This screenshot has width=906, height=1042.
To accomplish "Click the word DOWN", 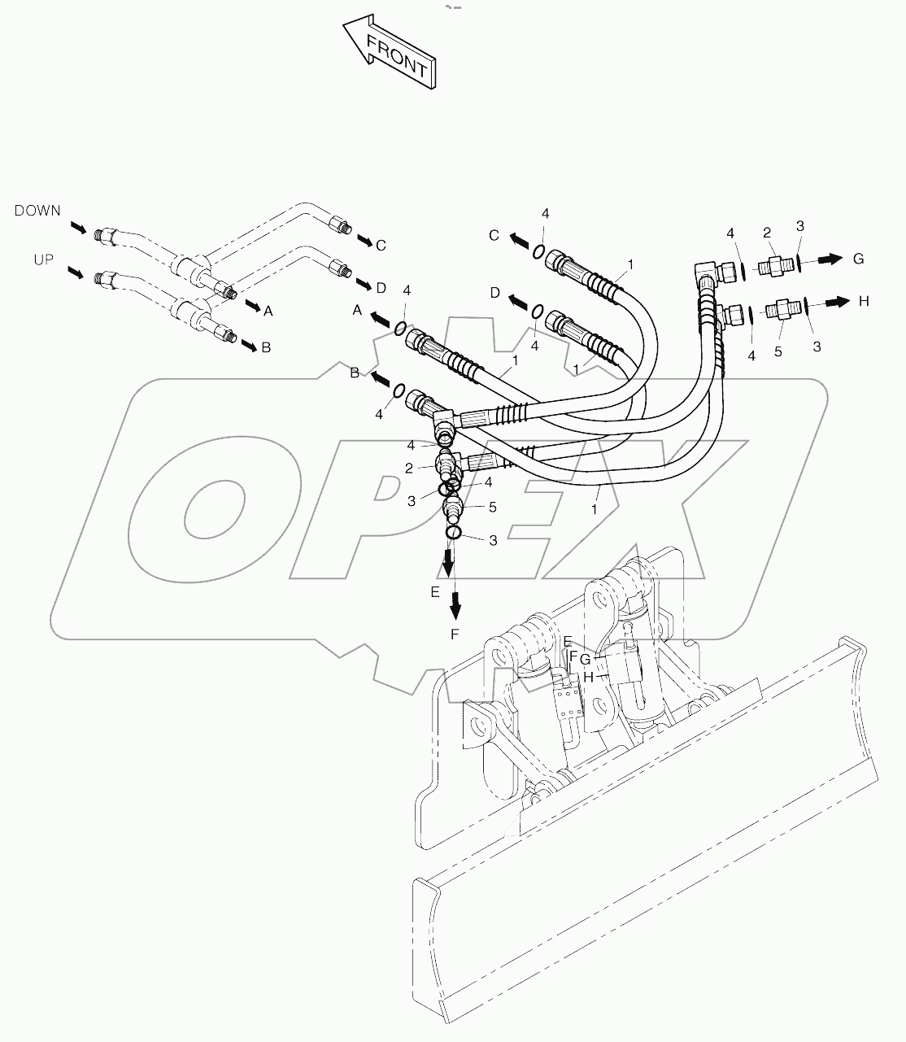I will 37,211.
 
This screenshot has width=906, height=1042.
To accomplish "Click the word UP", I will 44,259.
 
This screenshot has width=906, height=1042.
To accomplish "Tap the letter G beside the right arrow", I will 858,259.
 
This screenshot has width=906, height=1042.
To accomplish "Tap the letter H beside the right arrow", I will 864,301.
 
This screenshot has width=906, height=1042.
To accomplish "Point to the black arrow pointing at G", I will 829,259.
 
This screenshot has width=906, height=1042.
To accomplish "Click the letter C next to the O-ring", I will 494,236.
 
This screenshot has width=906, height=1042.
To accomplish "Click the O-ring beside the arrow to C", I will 539,251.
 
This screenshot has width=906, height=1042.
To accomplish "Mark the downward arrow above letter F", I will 455,603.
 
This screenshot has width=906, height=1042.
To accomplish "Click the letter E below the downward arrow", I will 435,591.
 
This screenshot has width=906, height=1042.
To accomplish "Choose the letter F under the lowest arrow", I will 455,634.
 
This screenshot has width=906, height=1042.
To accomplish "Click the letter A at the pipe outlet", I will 268,310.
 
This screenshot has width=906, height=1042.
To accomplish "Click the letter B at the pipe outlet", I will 265,347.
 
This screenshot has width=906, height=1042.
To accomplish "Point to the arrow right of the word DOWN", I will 77,227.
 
